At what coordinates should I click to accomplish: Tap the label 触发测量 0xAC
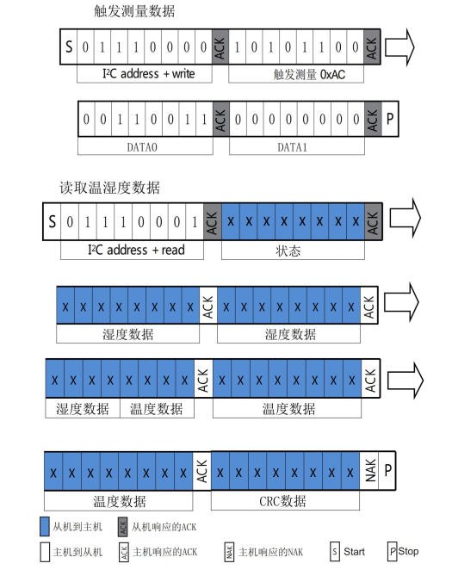click(297, 74)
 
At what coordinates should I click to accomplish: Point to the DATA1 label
click(298, 147)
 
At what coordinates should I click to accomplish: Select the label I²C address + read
click(133, 251)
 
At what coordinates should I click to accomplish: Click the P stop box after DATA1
click(391, 120)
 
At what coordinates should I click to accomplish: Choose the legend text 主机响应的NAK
click(269, 551)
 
